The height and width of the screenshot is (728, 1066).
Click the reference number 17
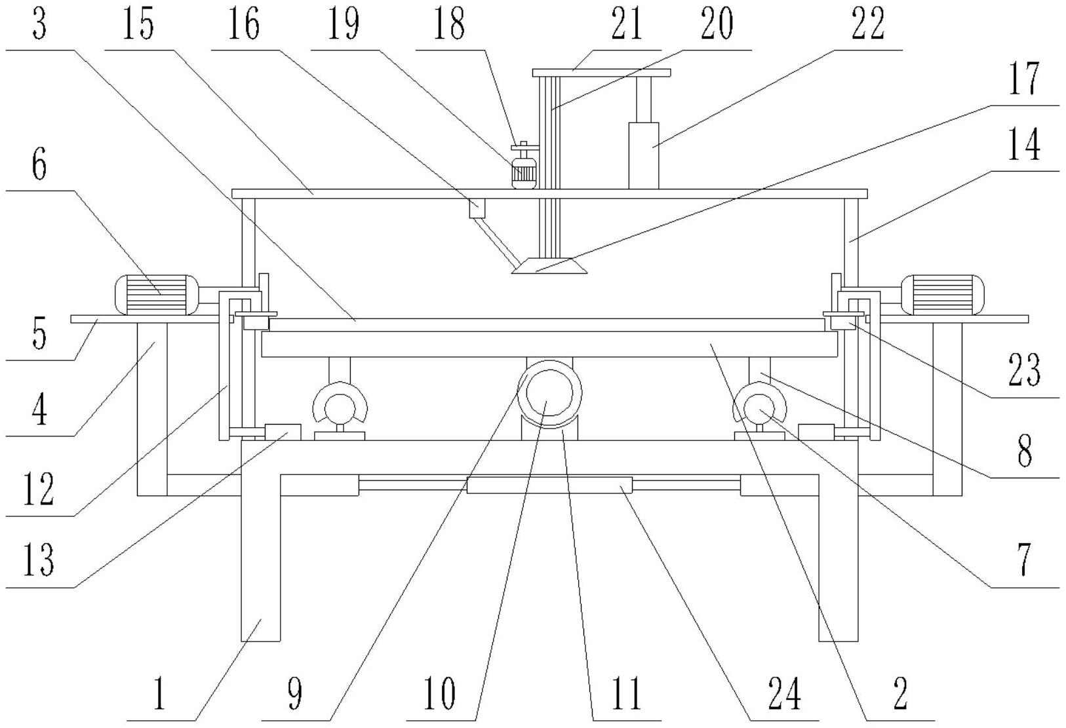pos(1024,79)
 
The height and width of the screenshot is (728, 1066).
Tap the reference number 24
pos(785,694)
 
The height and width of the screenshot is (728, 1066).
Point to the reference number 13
pos(39,560)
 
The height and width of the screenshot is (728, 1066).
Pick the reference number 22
pos(868,24)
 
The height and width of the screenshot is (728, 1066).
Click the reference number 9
pos(295,694)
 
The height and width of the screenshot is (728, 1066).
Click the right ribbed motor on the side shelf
pos(942,295)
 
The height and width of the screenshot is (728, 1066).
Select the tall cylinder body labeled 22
pos(643,155)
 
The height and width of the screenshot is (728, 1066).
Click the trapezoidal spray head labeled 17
pos(549,265)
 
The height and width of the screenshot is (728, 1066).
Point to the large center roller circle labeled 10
pos(549,394)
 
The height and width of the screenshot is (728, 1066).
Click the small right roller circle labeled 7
pos(760,409)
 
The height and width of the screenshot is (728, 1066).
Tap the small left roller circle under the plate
pos(340,409)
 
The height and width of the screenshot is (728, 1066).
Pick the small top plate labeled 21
pos(602,73)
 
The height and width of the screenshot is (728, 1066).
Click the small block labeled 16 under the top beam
pos(477,208)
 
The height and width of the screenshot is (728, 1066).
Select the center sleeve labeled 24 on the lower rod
pos(549,485)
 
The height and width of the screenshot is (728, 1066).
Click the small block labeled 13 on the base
pos(283,432)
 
